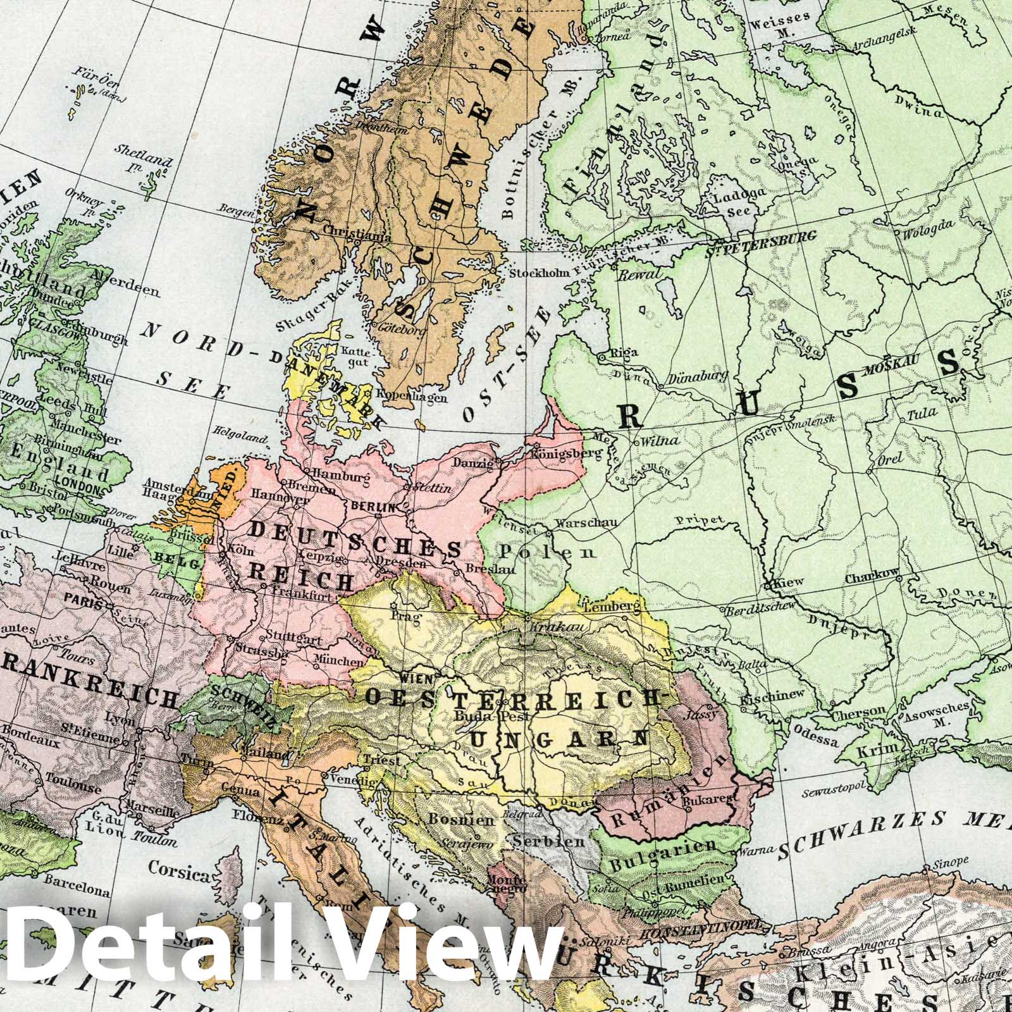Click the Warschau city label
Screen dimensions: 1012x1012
point(579,524)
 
